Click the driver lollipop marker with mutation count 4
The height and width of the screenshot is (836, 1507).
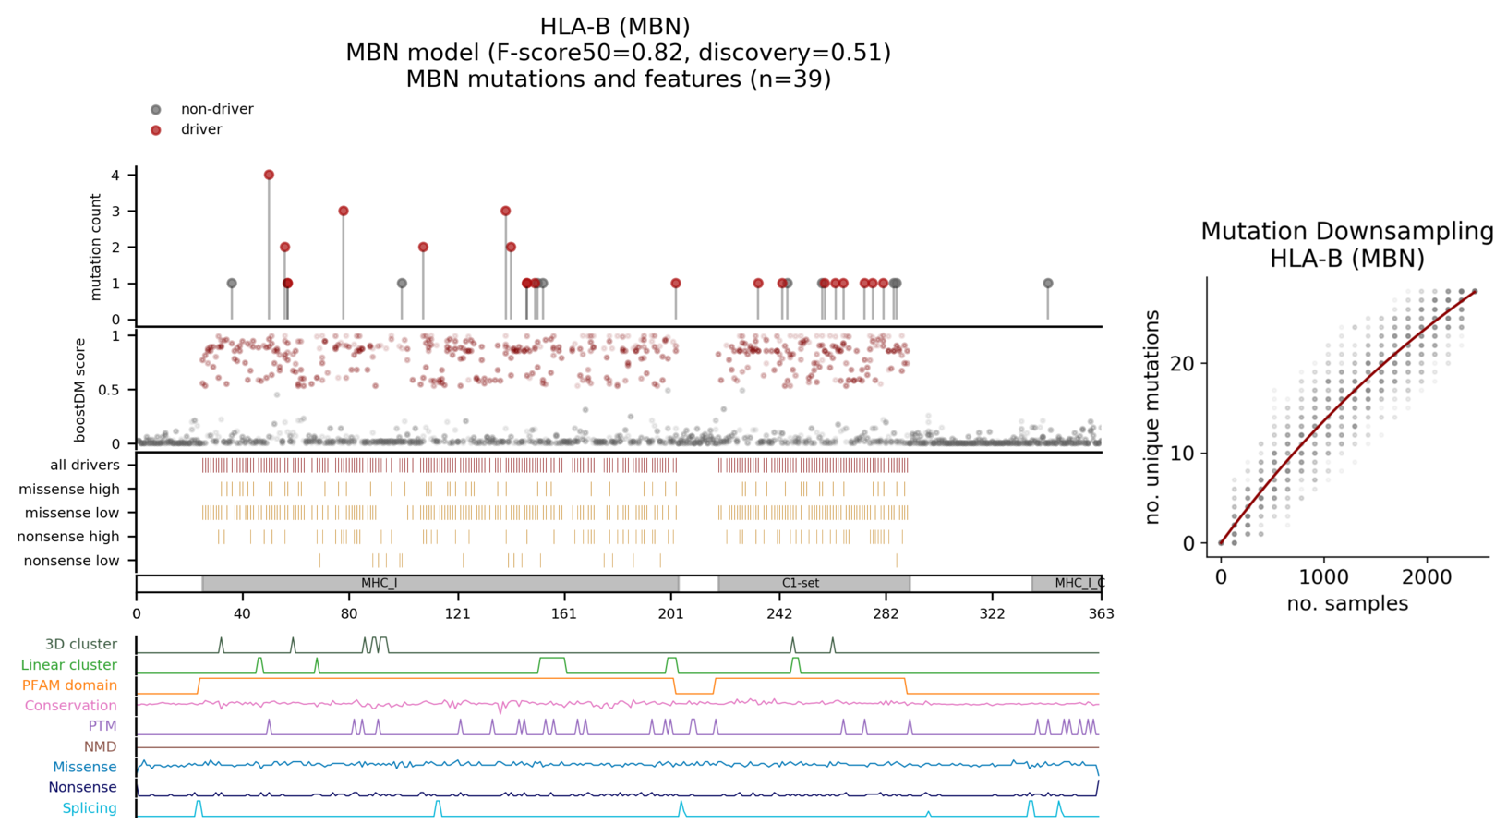click(x=269, y=175)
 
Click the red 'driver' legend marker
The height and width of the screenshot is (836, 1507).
click(x=156, y=130)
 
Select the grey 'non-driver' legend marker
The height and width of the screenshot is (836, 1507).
click(x=156, y=110)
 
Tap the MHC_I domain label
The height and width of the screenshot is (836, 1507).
click(x=379, y=584)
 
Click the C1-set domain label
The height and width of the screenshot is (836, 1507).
click(x=800, y=584)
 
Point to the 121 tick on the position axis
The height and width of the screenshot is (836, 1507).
click(x=457, y=613)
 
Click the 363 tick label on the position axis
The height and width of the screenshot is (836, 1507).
click(x=1101, y=613)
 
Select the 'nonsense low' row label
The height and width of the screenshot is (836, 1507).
click(x=71, y=561)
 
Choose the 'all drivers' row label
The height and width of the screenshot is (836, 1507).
click(x=85, y=466)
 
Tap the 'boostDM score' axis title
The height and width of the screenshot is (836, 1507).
click(x=80, y=389)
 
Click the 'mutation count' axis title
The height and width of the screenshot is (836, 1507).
click(x=96, y=247)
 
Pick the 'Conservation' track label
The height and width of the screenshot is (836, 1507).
click(x=71, y=706)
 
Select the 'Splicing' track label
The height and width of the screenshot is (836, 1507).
click(x=90, y=808)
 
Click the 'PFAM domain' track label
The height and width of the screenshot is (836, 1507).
click(x=69, y=685)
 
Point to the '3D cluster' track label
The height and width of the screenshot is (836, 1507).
click(x=81, y=645)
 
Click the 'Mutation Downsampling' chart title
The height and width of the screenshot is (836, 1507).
click(x=1346, y=231)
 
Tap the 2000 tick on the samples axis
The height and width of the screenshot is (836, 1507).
click(x=1427, y=578)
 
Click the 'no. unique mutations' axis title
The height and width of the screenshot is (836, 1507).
click(x=1152, y=418)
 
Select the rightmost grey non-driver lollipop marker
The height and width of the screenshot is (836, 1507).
click(x=1047, y=284)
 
